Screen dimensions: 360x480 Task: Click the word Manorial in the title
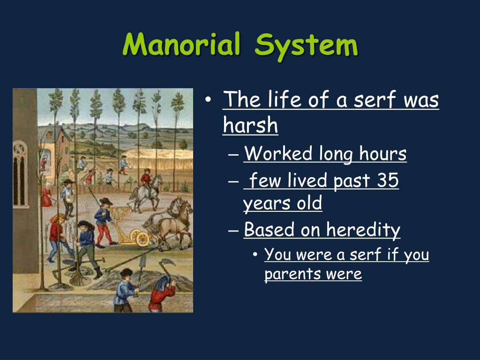coord(183,46)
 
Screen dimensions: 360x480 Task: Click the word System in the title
coord(307,46)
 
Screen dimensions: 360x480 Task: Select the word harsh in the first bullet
coord(250,126)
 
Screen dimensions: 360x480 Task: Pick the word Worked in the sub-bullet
coord(278,154)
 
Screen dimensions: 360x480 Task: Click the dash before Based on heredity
coord(236,231)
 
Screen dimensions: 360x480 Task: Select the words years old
coord(282,204)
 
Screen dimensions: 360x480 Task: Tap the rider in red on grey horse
coord(146,180)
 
